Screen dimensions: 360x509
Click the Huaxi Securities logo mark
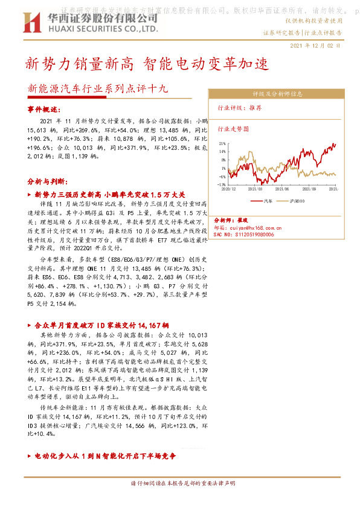click(x=31, y=22)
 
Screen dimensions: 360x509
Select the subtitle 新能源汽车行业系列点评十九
click(x=98, y=88)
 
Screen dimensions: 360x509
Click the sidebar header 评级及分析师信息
click(x=277, y=94)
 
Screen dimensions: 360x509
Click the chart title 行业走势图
click(x=233, y=129)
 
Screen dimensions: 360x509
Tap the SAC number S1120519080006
click(x=254, y=234)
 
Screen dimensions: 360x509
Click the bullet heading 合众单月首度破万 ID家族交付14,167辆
click(x=101, y=325)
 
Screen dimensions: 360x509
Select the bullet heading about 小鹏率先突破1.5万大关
click(x=110, y=195)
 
